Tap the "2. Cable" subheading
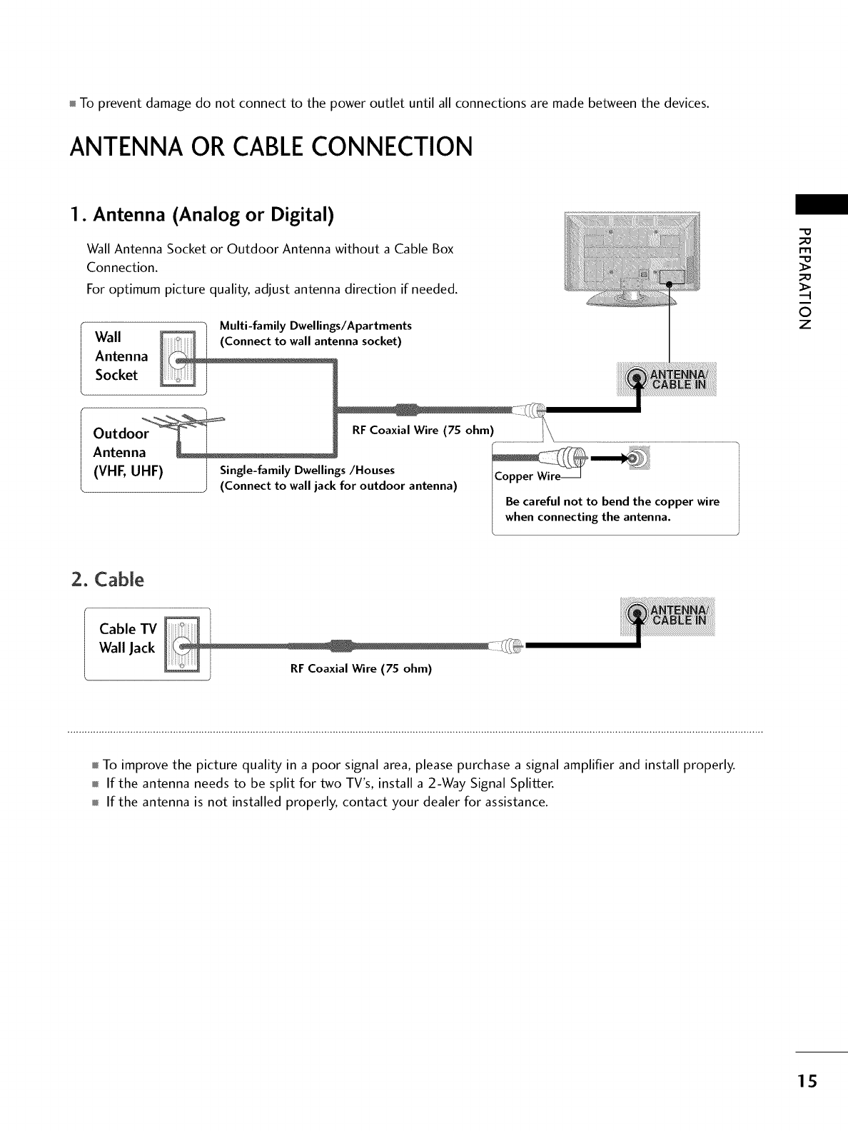pos(108,579)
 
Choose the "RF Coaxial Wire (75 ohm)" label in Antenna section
pos(423,431)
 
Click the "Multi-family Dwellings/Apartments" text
pos(316,326)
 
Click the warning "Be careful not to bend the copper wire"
pos(612,501)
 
